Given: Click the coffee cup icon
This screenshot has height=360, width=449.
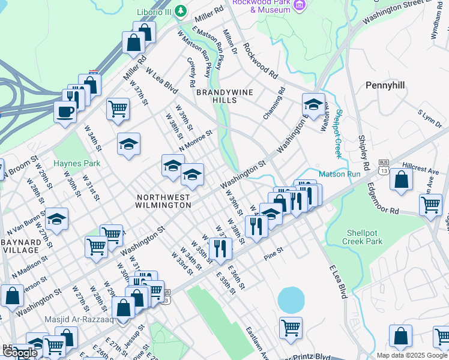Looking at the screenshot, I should coord(65,111).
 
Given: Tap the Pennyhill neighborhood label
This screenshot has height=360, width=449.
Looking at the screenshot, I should coord(388,86).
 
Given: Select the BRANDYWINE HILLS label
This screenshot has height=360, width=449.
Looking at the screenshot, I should coord(224,96).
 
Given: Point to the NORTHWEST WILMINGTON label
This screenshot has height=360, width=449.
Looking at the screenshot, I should coord(164,201).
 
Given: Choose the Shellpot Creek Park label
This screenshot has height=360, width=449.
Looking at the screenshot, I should coord(364,237).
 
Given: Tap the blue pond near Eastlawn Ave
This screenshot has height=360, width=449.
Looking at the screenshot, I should coord(291,299).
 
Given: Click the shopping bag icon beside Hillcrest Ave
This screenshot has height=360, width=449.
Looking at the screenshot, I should coord(401,179).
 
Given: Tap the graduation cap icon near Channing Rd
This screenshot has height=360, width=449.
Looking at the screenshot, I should coord(313,104).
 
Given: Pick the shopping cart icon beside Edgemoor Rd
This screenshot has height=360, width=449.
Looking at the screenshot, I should coord(431,205).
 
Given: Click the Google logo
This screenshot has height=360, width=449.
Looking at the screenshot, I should coord(20,353).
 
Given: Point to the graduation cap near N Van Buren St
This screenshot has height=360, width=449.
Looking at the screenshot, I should coord(57,219).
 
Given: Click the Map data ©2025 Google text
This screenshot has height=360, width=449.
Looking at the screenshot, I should coord(412,355).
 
